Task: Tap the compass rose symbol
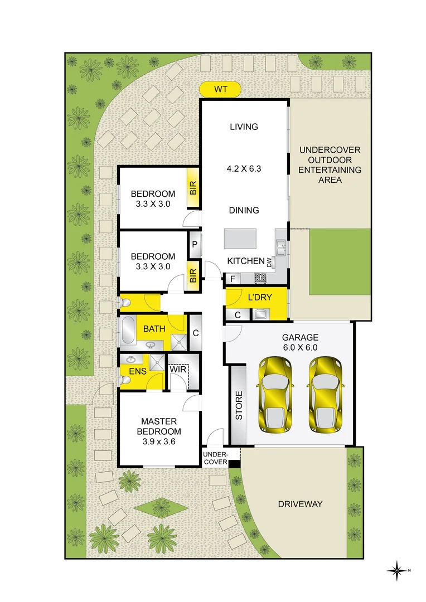396,570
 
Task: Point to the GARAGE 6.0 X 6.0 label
299,342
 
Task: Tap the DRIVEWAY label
300,504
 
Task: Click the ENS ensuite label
137,371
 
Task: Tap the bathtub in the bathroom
128,331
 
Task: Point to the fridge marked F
232,278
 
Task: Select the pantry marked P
195,244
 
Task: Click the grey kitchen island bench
240,239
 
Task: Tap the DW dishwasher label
269,262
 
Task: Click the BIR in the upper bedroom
193,188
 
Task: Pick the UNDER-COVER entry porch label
215,458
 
